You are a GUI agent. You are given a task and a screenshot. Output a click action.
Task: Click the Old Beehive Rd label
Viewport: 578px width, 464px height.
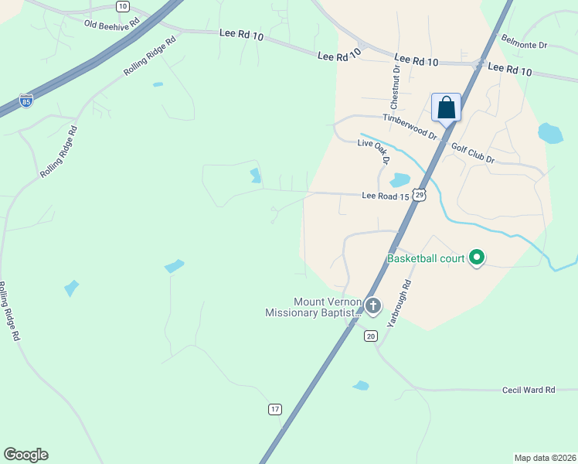pyautogui.click(x=112, y=24)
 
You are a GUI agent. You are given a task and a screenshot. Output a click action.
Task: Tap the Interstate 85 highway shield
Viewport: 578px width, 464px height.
pyautogui.click(x=26, y=101)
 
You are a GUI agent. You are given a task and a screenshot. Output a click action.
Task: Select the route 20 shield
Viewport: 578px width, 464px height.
pyautogui.click(x=371, y=335)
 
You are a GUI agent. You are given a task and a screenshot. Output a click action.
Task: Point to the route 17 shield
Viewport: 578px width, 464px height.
pyautogui.click(x=274, y=408)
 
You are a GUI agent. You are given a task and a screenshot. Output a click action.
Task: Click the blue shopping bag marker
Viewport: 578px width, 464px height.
pyautogui.click(x=446, y=107)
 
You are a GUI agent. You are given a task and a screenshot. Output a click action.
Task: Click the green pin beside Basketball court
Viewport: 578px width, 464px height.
pyautogui.click(x=477, y=257)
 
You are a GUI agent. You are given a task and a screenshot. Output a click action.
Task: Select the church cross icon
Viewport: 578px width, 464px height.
pyautogui.click(x=373, y=306)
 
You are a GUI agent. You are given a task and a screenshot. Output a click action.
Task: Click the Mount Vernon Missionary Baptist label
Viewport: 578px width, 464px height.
pyautogui.click(x=313, y=307)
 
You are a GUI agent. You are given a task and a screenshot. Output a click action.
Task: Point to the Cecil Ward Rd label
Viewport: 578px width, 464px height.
pyautogui.click(x=529, y=391)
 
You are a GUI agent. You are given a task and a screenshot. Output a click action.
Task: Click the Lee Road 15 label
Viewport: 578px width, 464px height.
pyautogui.click(x=385, y=196)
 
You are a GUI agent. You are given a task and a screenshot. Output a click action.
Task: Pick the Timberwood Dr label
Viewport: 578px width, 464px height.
pyautogui.click(x=410, y=126)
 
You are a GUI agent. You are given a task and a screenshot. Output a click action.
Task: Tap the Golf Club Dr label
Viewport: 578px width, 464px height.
pyautogui.click(x=472, y=152)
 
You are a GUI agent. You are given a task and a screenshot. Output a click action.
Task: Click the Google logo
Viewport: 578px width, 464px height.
pyautogui.click(x=25, y=455)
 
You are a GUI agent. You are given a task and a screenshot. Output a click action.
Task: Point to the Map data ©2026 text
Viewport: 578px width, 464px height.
pyautogui.click(x=545, y=457)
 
